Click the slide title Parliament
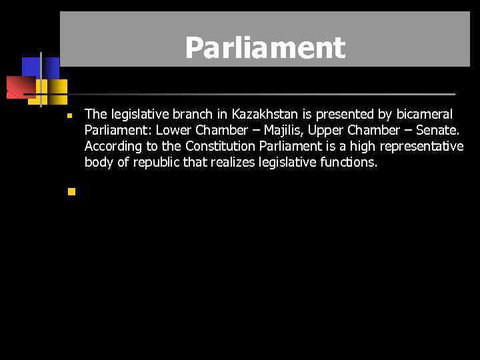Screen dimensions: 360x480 pos(265,47)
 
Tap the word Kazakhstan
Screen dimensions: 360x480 pos(264,114)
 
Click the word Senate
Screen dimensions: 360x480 pos(437,130)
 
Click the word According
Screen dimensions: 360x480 pos(113,146)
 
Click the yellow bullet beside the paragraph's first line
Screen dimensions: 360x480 pos(69,116)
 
